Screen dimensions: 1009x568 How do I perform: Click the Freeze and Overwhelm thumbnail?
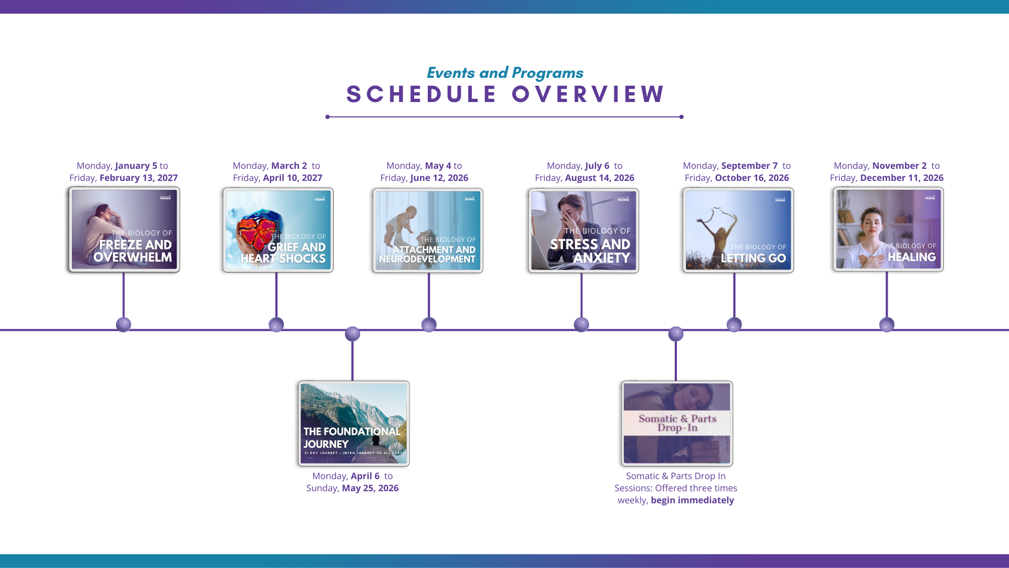124,230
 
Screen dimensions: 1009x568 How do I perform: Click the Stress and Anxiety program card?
583,230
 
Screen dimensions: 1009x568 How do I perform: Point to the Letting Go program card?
738,230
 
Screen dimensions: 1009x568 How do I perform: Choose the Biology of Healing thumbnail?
888,229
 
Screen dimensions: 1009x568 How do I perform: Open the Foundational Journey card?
354,423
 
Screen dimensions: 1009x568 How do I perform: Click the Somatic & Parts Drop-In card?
677,423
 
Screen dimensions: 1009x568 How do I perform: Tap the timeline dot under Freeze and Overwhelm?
123,324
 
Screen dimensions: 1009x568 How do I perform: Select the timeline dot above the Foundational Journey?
353,334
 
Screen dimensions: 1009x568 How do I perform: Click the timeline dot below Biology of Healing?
887,324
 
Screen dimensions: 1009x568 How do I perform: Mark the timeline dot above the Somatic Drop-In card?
676,334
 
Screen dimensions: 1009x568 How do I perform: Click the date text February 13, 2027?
139,178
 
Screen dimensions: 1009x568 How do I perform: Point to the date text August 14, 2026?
600,178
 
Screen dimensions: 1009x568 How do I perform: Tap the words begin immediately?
692,500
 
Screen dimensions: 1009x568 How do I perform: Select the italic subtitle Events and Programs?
504,73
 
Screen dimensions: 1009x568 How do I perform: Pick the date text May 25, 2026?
370,488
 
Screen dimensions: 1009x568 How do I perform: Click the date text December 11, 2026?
902,178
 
